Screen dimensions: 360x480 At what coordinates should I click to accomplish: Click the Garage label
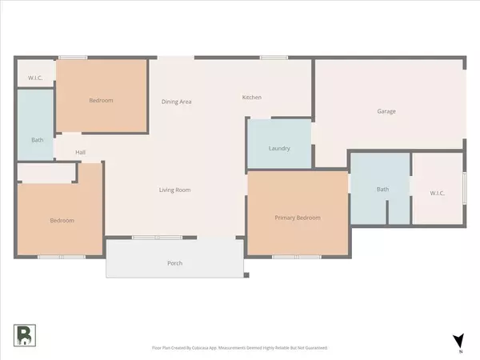tap(386, 112)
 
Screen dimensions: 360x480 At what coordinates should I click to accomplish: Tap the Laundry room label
tap(278, 149)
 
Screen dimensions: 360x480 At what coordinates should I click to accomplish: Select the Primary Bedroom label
tap(298, 218)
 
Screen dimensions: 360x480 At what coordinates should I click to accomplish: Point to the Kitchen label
tap(252, 98)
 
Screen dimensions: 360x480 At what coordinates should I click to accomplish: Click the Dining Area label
tap(176, 102)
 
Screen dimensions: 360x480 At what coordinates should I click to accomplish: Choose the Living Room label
tap(174, 190)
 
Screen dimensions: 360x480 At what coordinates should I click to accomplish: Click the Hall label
tap(80, 153)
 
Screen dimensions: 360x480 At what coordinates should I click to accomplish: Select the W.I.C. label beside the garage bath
tap(437, 193)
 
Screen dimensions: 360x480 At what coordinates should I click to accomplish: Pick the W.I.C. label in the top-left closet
tap(35, 78)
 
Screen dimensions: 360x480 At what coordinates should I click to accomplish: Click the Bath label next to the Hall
tap(37, 140)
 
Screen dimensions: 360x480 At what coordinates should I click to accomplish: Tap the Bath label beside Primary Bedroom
tap(382, 190)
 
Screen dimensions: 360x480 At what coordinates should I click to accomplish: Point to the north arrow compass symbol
tap(457, 342)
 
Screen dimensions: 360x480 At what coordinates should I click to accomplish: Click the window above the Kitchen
tap(274, 57)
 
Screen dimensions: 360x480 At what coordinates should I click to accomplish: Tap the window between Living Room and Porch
tap(157, 238)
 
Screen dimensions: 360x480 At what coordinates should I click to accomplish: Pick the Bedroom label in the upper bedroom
tap(101, 101)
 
